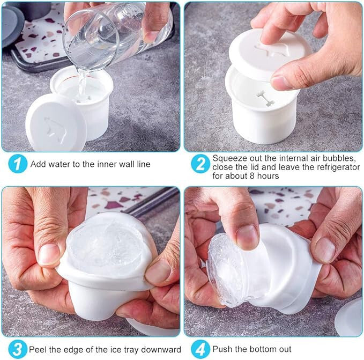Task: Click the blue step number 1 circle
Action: [x=17, y=164]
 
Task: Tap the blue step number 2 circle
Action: [x=200, y=164]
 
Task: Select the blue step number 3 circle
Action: [x=17, y=349]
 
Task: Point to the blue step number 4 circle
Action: [x=200, y=349]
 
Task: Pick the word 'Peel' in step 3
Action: [x=36, y=349]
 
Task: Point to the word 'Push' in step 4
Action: [x=222, y=349]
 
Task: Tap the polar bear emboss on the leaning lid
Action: [x=56, y=128]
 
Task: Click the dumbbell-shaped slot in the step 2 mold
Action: [x=265, y=99]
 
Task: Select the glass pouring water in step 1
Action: [x=116, y=33]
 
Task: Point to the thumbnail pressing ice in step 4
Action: [x=247, y=237]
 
